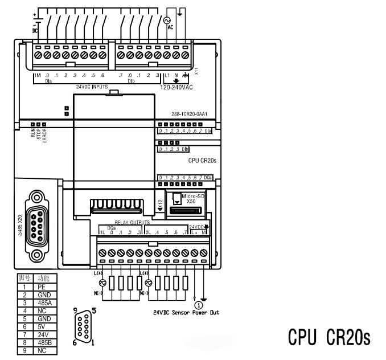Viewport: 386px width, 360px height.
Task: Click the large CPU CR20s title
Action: tap(329, 337)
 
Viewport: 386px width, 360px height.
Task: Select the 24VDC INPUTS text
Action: tap(92, 87)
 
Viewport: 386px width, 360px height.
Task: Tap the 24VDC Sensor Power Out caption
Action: tap(186, 312)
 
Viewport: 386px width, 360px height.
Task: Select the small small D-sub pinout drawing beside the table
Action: tap(83, 327)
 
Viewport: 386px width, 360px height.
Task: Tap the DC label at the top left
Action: tap(35, 30)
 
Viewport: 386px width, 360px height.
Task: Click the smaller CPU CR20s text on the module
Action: tap(202, 161)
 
